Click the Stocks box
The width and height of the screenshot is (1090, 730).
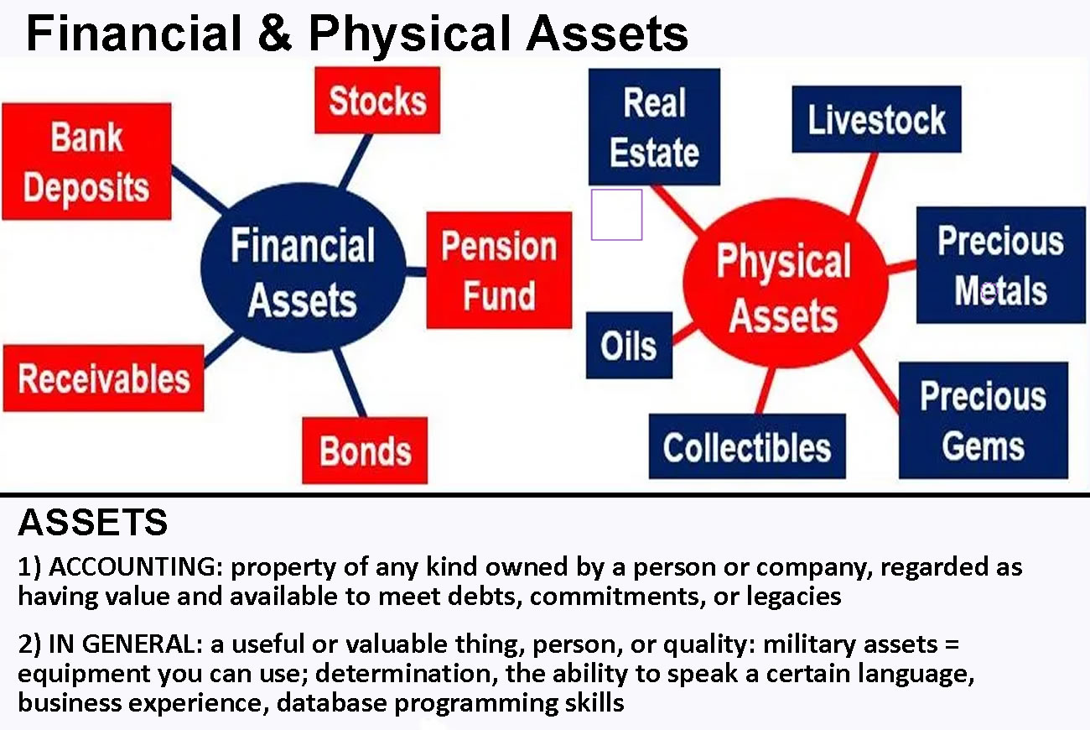(x=377, y=101)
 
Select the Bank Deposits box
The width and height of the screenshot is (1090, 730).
(x=86, y=161)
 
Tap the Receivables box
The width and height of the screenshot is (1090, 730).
(x=104, y=378)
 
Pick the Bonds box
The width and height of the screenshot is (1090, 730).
(x=365, y=451)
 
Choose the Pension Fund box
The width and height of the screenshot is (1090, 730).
(x=499, y=270)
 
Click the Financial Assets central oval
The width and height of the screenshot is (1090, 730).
(x=304, y=268)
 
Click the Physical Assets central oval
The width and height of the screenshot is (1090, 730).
(x=786, y=283)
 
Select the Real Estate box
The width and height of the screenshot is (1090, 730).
(x=654, y=127)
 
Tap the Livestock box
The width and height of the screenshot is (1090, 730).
(x=876, y=119)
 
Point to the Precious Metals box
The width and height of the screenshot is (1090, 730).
(x=1001, y=265)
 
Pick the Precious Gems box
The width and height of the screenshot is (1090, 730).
(x=984, y=420)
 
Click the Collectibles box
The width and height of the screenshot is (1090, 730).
(x=747, y=446)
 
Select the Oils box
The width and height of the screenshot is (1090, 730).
(x=629, y=345)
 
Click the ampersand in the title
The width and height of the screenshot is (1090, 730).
(x=275, y=33)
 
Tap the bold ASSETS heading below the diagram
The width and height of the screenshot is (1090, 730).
(x=93, y=523)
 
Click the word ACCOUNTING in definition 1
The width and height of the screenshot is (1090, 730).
(x=136, y=567)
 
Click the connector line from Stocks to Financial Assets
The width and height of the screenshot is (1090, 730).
(x=356, y=161)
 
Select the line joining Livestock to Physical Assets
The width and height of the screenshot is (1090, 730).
(x=864, y=185)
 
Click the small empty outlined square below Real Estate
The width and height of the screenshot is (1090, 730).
(x=616, y=190)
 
